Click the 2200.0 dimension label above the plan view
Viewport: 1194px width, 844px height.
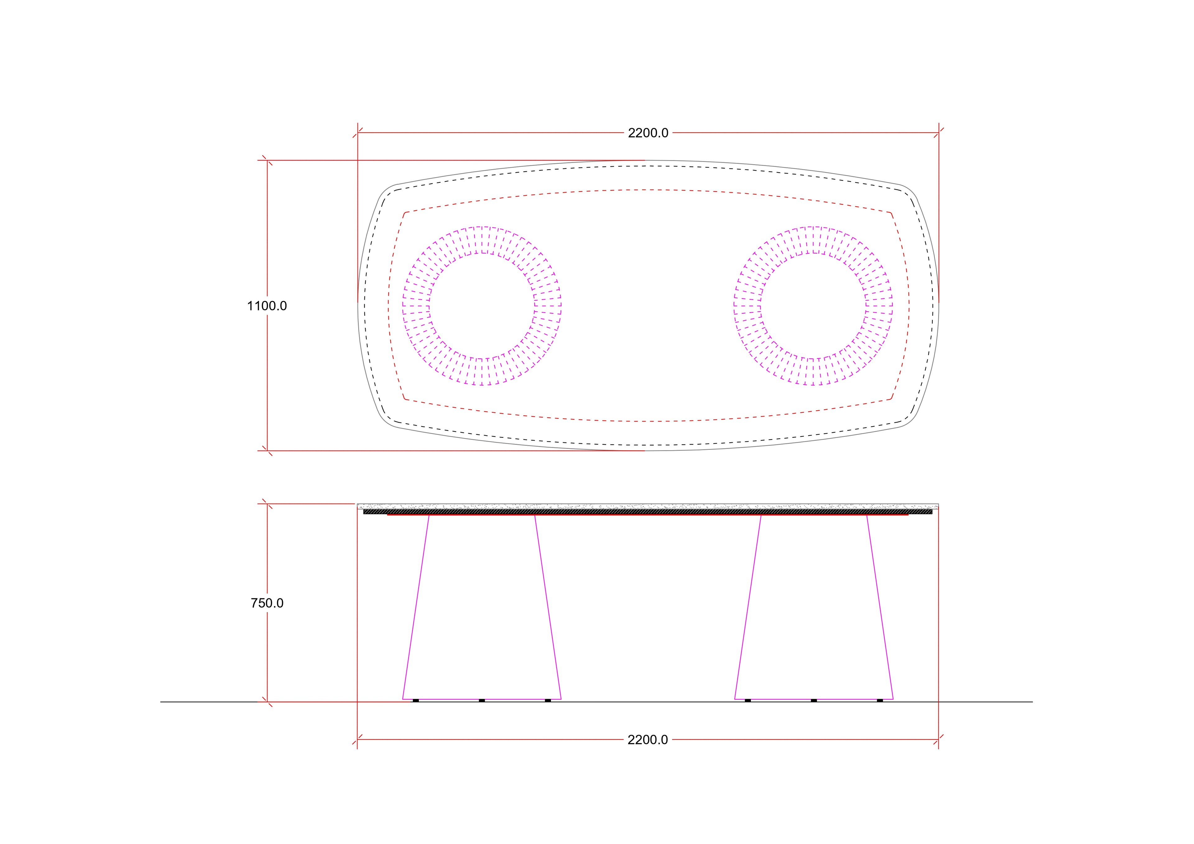[648, 133]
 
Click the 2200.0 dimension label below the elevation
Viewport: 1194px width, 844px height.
[648, 740]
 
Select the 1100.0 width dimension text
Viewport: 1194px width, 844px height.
[267, 306]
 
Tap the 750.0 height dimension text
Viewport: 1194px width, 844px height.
[267, 603]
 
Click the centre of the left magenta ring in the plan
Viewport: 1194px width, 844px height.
[482, 306]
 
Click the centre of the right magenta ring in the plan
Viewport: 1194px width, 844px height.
[813, 306]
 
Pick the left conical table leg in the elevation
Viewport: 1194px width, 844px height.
[482, 607]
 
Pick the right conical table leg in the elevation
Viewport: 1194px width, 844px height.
[814, 607]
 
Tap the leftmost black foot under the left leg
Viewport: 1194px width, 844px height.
[415, 700]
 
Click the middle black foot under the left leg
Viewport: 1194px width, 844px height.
[482, 700]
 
